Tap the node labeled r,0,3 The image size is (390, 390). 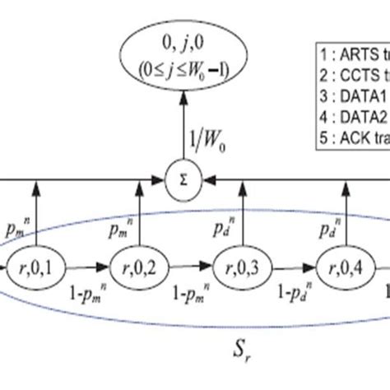click(x=240, y=267)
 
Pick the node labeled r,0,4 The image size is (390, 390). click(x=344, y=267)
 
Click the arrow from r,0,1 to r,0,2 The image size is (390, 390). click(x=82, y=267)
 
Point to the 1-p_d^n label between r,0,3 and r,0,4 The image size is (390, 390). click(x=292, y=289)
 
